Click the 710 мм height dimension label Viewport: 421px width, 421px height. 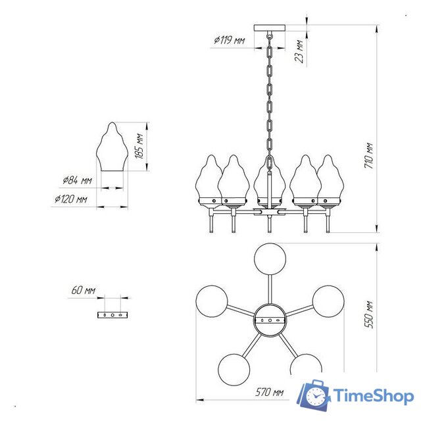click(x=368, y=156)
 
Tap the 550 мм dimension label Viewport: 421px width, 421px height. click(x=368, y=314)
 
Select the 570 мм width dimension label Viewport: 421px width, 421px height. click(x=269, y=392)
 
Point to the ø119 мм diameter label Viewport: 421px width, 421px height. click(x=230, y=40)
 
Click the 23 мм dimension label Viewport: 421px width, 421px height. click(x=299, y=51)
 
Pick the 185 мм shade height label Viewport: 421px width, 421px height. click(x=139, y=146)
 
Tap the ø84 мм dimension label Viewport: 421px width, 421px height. click(x=78, y=180)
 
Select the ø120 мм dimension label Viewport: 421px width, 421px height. click(x=71, y=199)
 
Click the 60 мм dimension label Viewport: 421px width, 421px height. click(x=84, y=290)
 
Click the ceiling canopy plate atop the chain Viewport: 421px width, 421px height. click(x=270, y=28)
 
